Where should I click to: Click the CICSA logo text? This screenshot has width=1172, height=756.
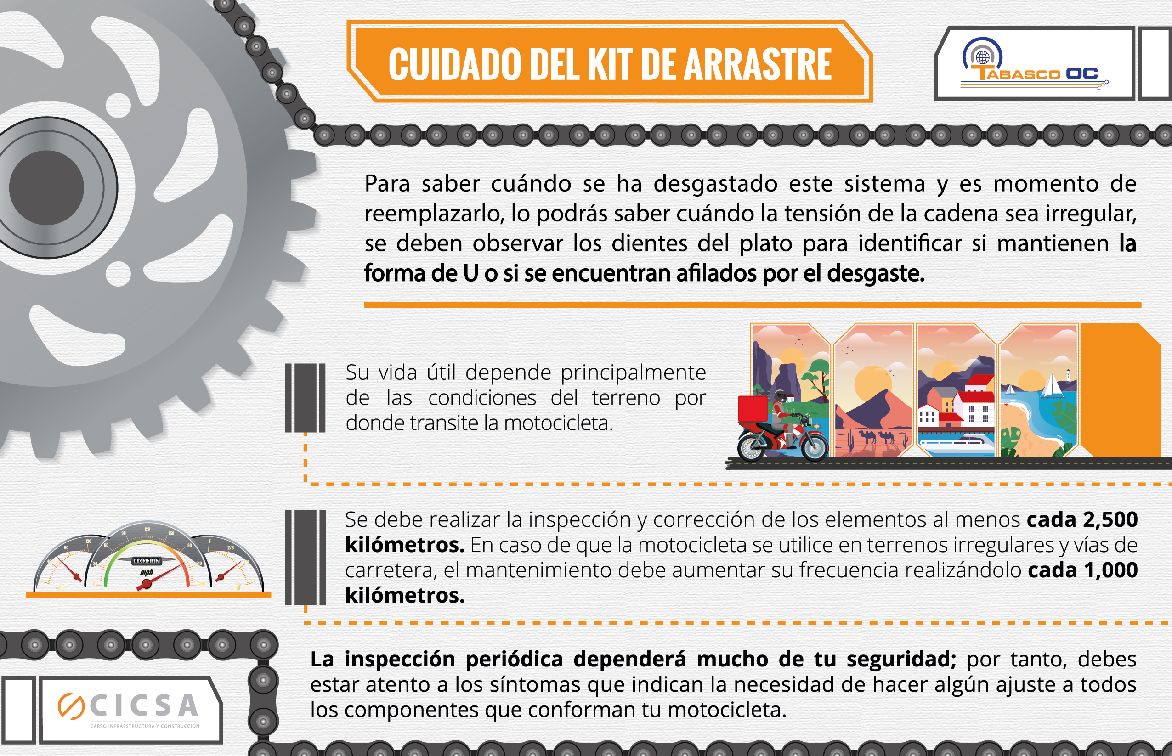tap(144, 706)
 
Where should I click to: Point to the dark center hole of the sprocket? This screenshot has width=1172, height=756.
tap(47, 187)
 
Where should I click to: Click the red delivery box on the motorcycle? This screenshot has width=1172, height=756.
tap(752, 408)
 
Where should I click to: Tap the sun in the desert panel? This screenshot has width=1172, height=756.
tap(873, 384)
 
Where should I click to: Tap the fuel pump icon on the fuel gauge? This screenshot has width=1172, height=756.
tap(238, 586)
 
